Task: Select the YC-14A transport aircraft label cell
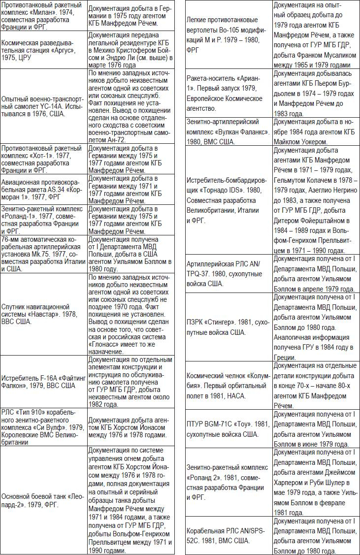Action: pyautogui.click(x=43, y=106)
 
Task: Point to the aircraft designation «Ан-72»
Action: pyautogui.click(x=116, y=140)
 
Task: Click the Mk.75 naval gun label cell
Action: pyautogui.click(x=43, y=253)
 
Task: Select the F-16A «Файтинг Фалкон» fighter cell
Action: pyautogui.click(x=43, y=382)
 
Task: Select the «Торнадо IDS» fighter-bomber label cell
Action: pyautogui.click(x=229, y=200)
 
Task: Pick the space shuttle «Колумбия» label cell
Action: pyautogui.click(x=229, y=386)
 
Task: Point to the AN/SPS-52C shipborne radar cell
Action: pyautogui.click(x=229, y=536)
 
